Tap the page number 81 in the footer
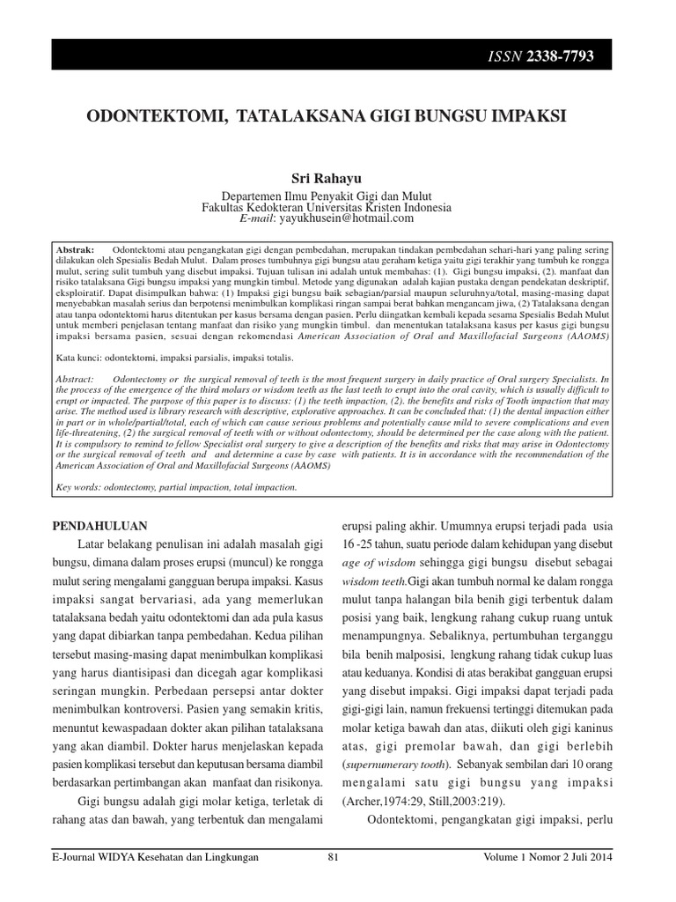333,857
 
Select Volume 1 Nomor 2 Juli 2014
547,857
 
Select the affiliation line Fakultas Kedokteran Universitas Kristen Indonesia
327,207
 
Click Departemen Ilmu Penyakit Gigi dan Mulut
327,196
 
